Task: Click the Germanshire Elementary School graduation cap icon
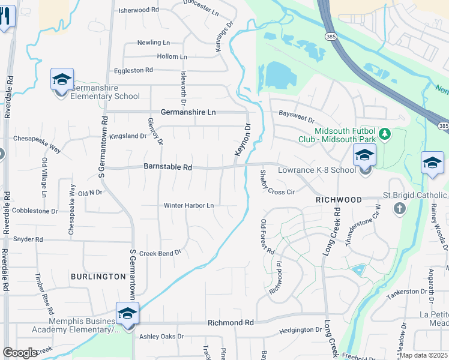tap(62, 80)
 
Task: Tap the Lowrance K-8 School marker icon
tap(364, 156)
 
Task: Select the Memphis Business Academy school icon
tap(127, 314)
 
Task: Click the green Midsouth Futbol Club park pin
tap(385, 133)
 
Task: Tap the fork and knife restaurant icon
tap(5, 17)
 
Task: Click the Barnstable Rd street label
tap(167, 167)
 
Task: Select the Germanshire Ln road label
tap(188, 112)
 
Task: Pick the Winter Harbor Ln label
tap(189, 206)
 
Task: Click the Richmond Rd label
tap(231, 323)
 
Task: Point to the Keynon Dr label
tap(242, 141)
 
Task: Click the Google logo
tap(20, 353)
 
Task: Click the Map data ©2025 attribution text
tap(424, 355)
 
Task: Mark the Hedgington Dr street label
tap(301, 330)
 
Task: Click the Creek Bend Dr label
tap(160, 253)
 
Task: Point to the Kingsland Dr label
tap(128, 136)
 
